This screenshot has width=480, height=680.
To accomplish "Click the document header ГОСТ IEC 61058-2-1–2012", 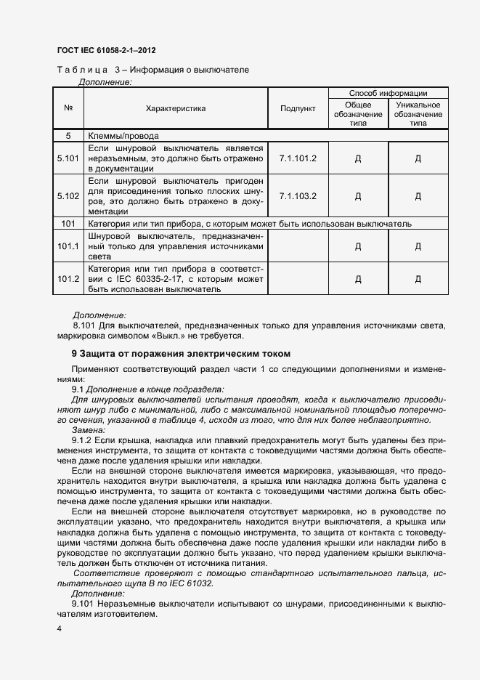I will [x=106, y=51].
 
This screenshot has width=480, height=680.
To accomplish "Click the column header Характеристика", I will [x=176, y=108].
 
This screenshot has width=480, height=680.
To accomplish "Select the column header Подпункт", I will [x=298, y=108].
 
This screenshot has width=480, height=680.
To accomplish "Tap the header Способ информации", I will [x=388, y=93].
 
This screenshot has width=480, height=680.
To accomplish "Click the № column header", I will [x=68, y=108].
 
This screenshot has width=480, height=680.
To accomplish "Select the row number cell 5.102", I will [x=68, y=195].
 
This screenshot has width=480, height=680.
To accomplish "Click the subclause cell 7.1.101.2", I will [x=298, y=156].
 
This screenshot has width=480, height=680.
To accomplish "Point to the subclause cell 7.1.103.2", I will [x=298, y=195].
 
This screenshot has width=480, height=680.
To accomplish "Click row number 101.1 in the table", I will [x=68, y=246].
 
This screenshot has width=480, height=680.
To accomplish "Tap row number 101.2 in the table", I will [x=68, y=279].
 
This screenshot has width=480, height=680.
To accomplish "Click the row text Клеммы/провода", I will [x=123, y=135].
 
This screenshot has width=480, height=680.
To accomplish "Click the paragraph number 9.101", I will [x=83, y=604].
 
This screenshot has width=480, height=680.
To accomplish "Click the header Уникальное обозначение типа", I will [x=418, y=114].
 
